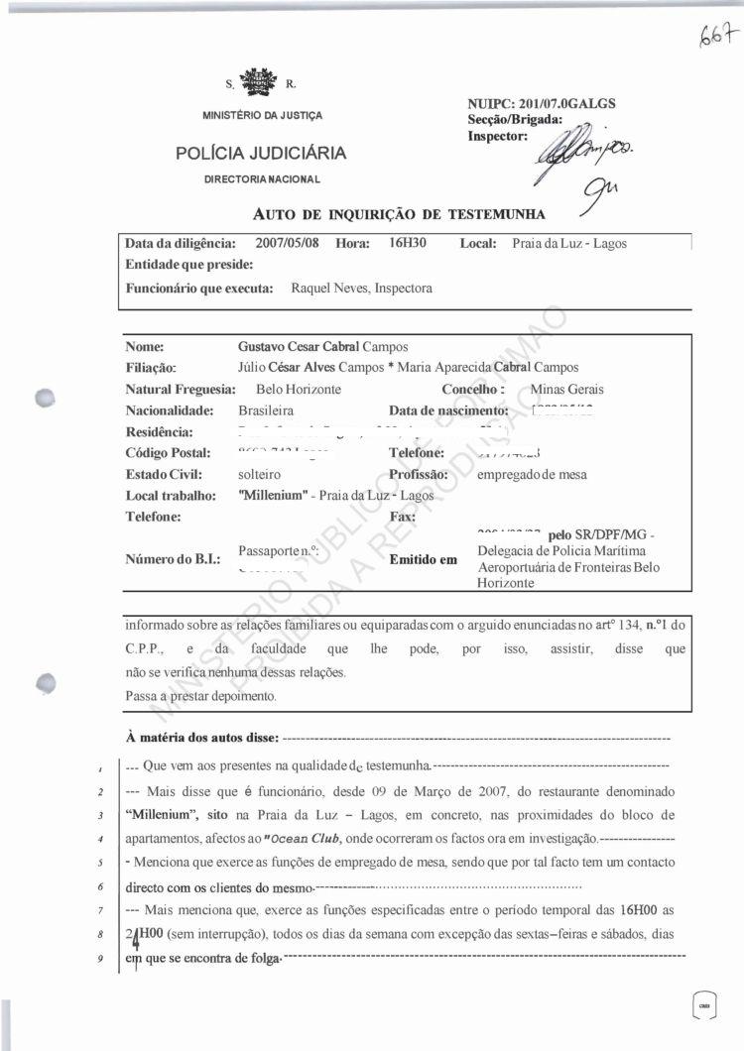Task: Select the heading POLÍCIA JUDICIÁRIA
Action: pyautogui.click(x=261, y=153)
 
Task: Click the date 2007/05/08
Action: pyautogui.click(x=287, y=243)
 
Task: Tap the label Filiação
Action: pyautogui.click(x=151, y=368)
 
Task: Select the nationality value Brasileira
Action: pyautogui.click(x=266, y=410)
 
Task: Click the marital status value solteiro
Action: pyautogui.click(x=260, y=474)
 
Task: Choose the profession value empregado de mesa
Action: pyautogui.click(x=532, y=474)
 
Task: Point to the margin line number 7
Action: pyautogui.click(x=101, y=909)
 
